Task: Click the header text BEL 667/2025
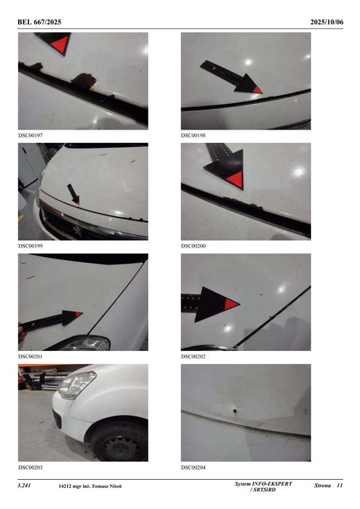click(39, 22)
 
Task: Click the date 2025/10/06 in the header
click(326, 22)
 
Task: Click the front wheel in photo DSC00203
click(117, 441)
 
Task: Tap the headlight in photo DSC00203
click(77, 384)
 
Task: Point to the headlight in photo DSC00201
click(86, 342)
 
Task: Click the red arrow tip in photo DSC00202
click(230, 304)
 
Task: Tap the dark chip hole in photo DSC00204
click(235, 410)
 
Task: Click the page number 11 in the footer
click(339, 485)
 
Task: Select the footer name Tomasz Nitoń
click(105, 486)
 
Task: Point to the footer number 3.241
click(26, 485)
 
